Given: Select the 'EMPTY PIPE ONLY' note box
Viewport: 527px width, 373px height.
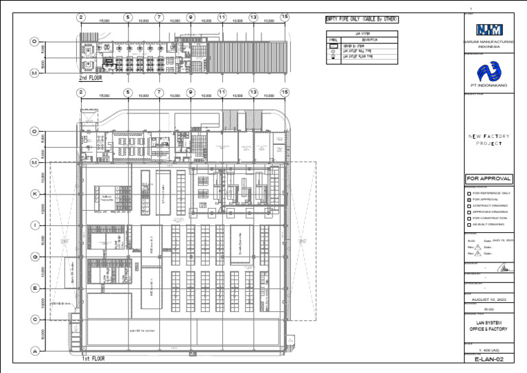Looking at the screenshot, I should coord(362,19).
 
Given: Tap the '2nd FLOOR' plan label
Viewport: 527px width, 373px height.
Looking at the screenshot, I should coord(91,78).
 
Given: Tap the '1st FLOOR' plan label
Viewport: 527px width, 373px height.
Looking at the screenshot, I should coord(94,359).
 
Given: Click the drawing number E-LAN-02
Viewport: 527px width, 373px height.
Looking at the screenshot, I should coord(489,359).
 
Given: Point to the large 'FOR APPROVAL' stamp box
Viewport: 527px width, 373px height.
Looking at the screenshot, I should coord(489,179).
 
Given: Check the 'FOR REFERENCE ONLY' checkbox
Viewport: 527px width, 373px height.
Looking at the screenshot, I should coord(469,193).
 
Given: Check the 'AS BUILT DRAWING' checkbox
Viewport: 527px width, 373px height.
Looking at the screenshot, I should coord(469,224).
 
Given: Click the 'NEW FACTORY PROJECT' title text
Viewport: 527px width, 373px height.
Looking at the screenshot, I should coord(489,140).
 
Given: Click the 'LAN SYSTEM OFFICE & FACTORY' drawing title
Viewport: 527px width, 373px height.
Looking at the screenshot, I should coord(489,326).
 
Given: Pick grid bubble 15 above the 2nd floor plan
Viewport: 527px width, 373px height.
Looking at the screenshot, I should coord(285,17).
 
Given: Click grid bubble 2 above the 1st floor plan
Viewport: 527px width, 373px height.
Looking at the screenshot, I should coord(81,91).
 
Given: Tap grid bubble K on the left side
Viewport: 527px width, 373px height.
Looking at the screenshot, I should coord(34,194).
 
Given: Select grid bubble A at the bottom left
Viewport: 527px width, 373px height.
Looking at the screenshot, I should coord(34,350).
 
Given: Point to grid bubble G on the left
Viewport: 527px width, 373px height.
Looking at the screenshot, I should coord(34,257).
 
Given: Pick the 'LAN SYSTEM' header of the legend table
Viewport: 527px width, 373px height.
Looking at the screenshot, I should coord(362,33).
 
